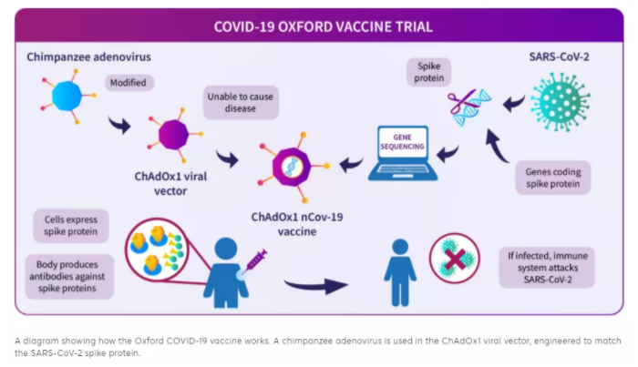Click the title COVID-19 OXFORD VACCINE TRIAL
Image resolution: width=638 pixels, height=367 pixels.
click(323, 26)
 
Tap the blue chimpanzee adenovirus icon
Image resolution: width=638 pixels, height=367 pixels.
click(67, 96)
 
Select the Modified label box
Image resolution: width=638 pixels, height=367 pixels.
click(129, 83)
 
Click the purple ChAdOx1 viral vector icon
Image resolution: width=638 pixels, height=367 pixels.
click(174, 134)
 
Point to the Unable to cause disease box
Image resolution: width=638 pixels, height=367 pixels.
click(241, 102)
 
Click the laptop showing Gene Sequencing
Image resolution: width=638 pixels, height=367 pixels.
click(403, 153)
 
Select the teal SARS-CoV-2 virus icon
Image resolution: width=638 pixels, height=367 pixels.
click(561, 102)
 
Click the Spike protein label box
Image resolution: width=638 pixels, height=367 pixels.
click(429, 72)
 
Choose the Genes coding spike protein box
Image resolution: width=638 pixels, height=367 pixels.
click(552, 178)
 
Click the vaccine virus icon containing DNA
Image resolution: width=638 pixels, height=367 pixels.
click(293, 167)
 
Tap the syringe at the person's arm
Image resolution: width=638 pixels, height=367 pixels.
click(256, 260)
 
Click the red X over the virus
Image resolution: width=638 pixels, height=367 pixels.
click(455, 259)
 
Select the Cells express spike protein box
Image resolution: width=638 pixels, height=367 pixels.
click(71, 226)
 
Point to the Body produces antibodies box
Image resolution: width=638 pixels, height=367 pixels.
click(67, 276)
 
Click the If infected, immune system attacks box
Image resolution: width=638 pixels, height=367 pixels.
click(547, 268)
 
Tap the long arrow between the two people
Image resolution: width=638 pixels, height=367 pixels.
click(315, 285)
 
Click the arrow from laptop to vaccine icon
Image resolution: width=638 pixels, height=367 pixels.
click(351, 164)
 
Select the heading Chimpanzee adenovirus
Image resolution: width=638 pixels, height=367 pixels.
click(88, 56)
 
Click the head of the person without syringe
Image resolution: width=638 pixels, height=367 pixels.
click(400, 247)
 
